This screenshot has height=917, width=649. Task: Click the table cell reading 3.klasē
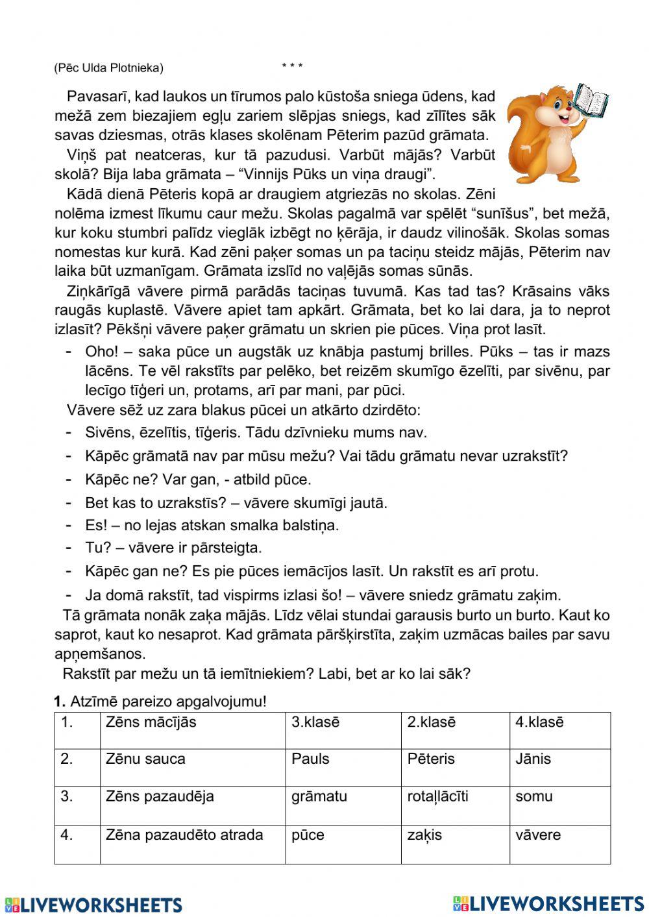(343, 730)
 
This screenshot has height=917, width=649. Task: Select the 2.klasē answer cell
(455, 730)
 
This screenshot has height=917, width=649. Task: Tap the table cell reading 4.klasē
(559, 730)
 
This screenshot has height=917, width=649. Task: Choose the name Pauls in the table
(343, 768)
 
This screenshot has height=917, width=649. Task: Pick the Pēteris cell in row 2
(455, 768)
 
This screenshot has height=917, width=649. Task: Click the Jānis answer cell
(559, 768)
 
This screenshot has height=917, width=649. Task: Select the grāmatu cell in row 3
(343, 805)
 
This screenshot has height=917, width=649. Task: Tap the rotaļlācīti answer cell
(455, 805)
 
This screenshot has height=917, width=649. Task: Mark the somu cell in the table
(559, 805)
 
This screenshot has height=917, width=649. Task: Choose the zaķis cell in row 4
(455, 844)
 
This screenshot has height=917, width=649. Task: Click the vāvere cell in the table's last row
(559, 844)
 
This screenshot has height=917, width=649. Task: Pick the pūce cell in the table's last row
(343, 844)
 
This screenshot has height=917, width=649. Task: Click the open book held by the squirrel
(591, 101)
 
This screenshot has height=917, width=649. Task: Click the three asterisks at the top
(292, 67)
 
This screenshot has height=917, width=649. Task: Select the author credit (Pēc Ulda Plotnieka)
(109, 67)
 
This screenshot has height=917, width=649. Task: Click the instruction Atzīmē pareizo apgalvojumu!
(168, 702)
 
